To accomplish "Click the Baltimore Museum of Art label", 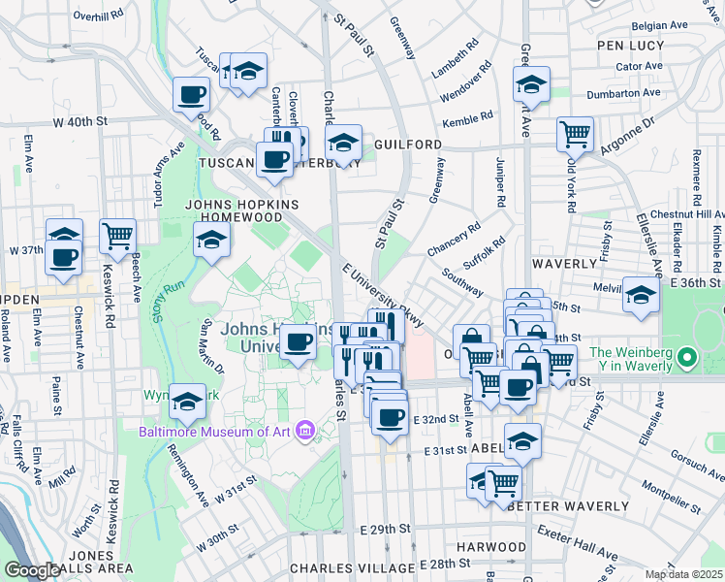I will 215,432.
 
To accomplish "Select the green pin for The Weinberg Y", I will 688,359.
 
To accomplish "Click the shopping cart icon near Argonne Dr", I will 575,133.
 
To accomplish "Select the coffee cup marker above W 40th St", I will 192,95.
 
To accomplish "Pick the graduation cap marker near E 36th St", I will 641,294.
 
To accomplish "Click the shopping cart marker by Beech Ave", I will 117,234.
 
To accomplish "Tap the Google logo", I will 32,570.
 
